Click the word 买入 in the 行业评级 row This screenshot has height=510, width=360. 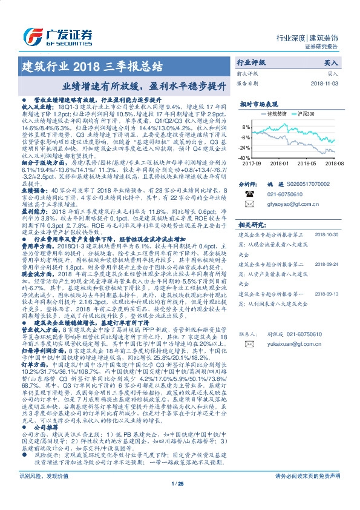[x=331, y=62]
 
